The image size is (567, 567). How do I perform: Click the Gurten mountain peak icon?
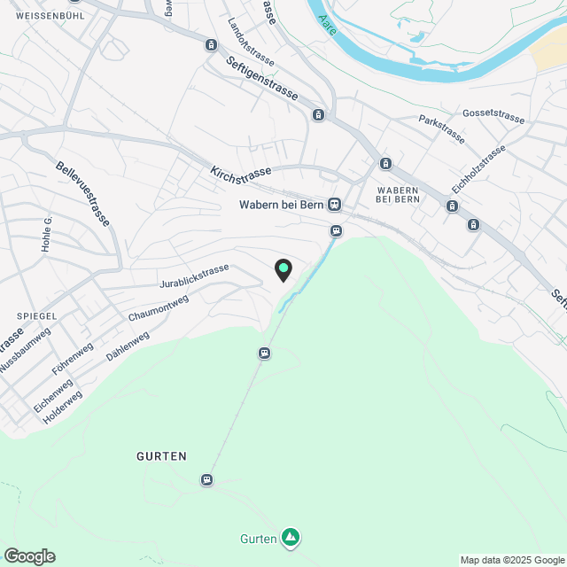point(291,537)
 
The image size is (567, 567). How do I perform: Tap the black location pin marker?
point(283,269)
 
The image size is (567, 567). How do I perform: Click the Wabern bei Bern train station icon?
point(334,205)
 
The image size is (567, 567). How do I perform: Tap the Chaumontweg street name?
point(159,309)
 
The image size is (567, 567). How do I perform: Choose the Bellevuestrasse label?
point(82,192)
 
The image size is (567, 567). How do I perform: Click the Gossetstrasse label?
point(493,116)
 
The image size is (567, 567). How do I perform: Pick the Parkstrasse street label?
point(442,129)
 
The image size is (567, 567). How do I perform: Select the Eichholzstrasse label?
point(478,169)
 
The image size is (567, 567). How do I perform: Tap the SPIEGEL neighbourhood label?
point(36,315)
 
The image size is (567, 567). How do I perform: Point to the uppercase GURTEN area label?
point(162,456)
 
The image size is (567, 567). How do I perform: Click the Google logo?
point(28,556)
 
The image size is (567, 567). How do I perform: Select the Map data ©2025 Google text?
point(511,560)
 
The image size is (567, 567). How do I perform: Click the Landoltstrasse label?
point(251,43)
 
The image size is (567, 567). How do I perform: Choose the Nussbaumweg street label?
point(25,350)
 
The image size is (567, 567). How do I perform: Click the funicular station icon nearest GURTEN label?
point(207,479)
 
